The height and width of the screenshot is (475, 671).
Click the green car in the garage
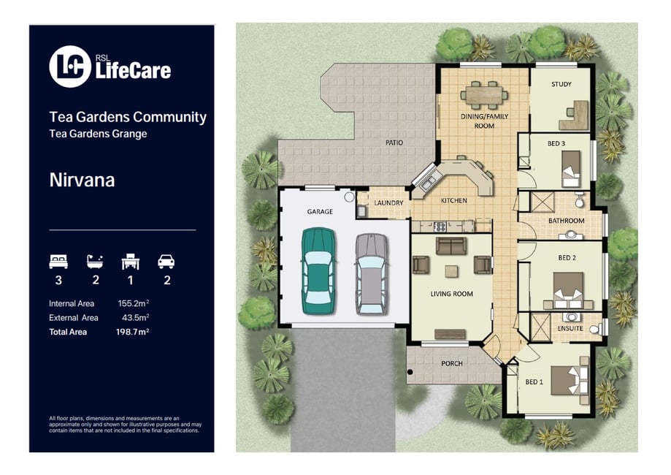coord(318,271)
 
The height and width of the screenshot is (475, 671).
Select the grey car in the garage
coord(372,274)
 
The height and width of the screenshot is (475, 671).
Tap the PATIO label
coord(394,142)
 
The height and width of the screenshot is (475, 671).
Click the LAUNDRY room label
coord(388,203)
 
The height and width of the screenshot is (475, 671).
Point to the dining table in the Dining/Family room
coord(484,95)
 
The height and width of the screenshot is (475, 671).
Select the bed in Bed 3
coord(570,168)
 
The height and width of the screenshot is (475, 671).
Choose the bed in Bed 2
coord(568,290)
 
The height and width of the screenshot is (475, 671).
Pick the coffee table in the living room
coord(451,271)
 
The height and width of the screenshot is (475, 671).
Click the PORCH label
coord(452,364)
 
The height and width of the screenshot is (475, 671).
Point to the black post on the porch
coord(410,372)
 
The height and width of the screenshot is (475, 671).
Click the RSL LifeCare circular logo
coord(70,66)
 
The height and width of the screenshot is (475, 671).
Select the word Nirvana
coord(83,180)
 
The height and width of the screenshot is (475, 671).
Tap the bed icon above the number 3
coord(58,262)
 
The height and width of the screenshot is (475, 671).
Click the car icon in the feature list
coord(166,262)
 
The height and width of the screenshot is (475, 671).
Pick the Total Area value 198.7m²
coord(132,332)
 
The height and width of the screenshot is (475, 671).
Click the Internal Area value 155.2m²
coord(134,303)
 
